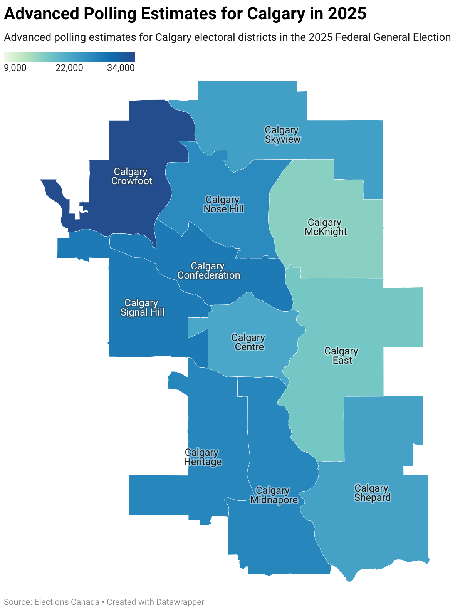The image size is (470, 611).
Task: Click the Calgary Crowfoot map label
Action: click(132, 176)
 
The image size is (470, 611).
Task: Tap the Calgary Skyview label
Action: click(282, 135)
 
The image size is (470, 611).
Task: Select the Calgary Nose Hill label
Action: click(223, 205)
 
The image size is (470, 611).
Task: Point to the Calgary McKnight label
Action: click(326, 227)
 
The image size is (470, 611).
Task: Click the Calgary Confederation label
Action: click(208, 271)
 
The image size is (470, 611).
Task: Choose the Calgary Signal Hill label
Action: click(142, 308)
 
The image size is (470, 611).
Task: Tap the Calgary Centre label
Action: click(249, 342)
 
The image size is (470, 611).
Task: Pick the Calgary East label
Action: click(342, 356)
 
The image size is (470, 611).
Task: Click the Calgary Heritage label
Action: click(203, 457)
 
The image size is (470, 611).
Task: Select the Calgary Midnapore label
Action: click(274, 495)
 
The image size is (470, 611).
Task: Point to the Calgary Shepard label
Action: click(372, 493)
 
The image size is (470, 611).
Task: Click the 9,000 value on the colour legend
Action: click(15, 68)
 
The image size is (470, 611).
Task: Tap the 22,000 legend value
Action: click(69, 68)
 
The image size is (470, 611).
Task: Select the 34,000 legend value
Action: click(121, 68)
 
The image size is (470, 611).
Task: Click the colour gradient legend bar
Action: click(69, 57)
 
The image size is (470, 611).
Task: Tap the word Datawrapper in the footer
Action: click(180, 602)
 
